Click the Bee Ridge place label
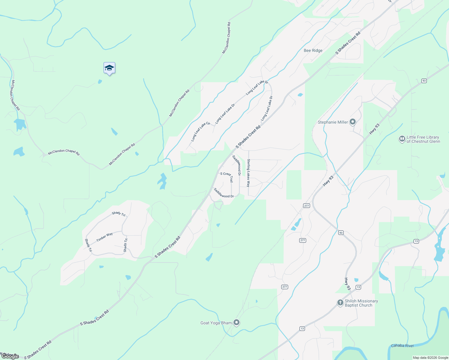[x=313, y=50]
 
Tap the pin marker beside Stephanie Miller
[x=353, y=122]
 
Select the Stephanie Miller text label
[x=333, y=122]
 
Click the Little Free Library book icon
[x=402, y=139]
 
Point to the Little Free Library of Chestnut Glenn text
[x=423, y=139]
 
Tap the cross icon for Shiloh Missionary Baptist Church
[x=340, y=303]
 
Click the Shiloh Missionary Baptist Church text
[x=361, y=303]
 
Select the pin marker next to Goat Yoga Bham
[x=237, y=322]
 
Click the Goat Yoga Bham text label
[x=216, y=323]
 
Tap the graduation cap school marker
[x=109, y=68]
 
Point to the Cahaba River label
[x=402, y=346]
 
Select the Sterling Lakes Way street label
[x=249, y=173]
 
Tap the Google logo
[x=10, y=356]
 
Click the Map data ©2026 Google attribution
[x=430, y=358]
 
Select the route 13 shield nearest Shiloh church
[x=358, y=287]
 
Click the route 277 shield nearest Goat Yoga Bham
[x=285, y=287]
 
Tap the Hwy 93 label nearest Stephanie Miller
[x=374, y=129]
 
